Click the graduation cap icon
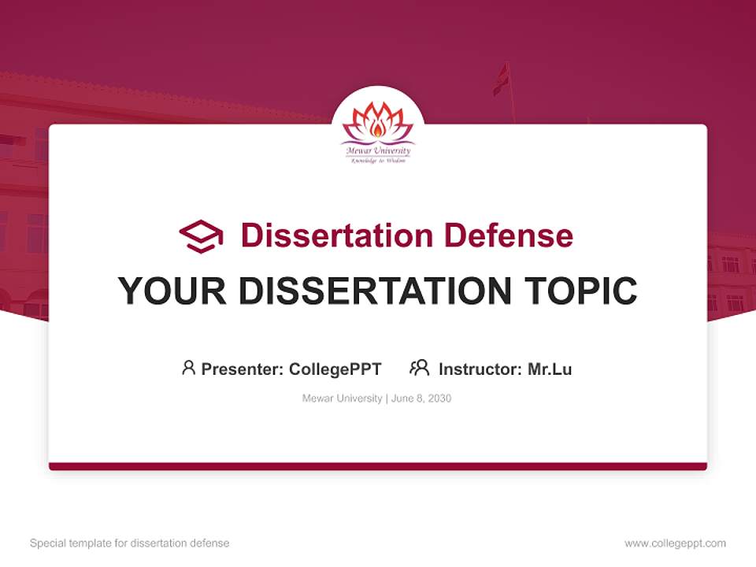pyautogui.click(x=201, y=235)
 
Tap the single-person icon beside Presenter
pyautogui.click(x=188, y=368)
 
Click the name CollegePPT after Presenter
pyautogui.click(x=335, y=369)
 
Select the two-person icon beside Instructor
pyautogui.click(x=419, y=368)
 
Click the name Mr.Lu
pyautogui.click(x=550, y=369)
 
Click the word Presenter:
pyautogui.click(x=243, y=369)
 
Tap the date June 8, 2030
pyautogui.click(x=421, y=398)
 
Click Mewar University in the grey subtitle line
pyautogui.click(x=342, y=398)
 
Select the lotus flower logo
pyautogui.click(x=377, y=121)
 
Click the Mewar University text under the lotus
pyautogui.click(x=377, y=150)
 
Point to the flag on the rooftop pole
pyautogui.click(x=501, y=80)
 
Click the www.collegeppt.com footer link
pyautogui.click(x=675, y=543)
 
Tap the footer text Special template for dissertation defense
pyautogui.click(x=130, y=543)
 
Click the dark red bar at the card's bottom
pyautogui.click(x=377, y=466)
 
